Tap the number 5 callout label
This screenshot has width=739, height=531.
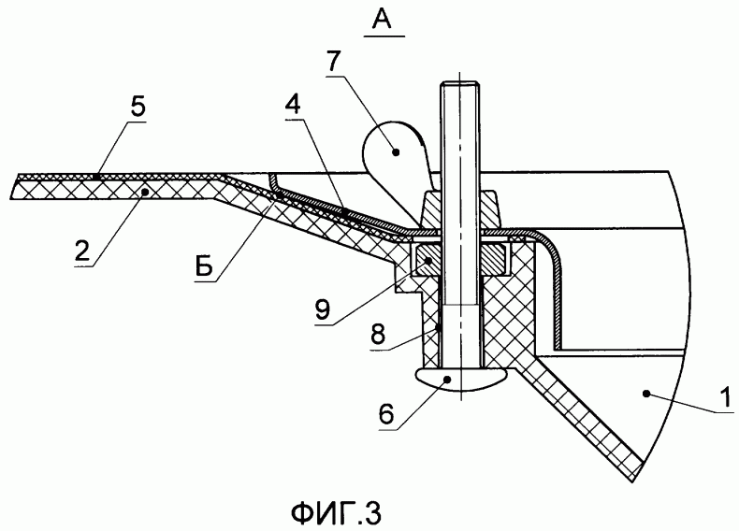(138, 108)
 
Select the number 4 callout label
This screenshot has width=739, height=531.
(294, 107)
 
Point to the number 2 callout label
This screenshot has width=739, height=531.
(82, 251)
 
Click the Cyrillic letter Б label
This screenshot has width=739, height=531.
(206, 266)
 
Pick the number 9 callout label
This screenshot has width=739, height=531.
(323, 310)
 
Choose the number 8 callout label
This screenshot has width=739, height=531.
(378, 335)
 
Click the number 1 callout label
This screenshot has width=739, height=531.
(725, 397)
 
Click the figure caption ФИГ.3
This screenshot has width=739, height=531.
(336, 512)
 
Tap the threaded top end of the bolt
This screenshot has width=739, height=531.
(460, 90)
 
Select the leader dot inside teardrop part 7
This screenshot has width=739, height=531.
(396, 151)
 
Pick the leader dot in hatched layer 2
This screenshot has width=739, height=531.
(145, 191)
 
